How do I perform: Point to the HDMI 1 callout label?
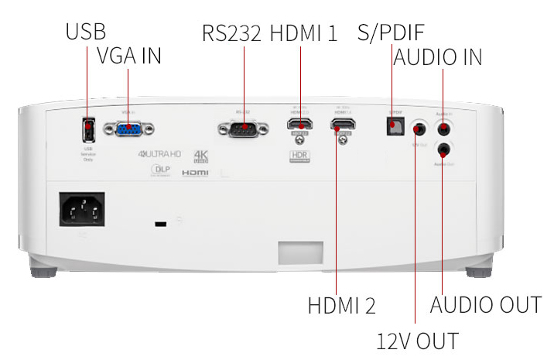304,33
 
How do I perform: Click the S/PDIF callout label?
391,33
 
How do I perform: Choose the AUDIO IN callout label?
438,57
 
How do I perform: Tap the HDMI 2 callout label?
341,305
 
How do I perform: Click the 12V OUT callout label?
417,341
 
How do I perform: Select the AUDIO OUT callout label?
485,305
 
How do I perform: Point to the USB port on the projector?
87,127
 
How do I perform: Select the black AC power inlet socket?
82,209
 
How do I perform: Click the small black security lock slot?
160,225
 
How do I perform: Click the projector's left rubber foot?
43,271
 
